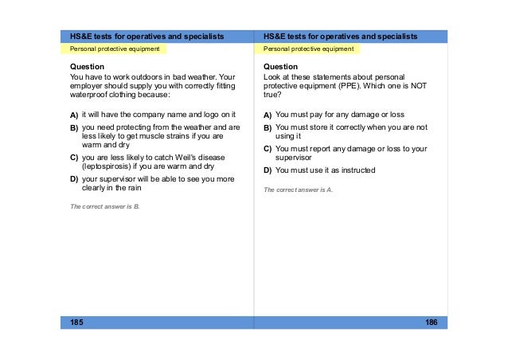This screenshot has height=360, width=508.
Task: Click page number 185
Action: (76, 322)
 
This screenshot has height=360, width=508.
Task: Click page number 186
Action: (431, 322)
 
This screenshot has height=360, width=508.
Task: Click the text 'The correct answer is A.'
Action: (298, 190)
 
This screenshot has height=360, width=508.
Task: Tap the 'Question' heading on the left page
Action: (87, 66)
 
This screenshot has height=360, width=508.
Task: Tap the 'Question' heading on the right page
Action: (280, 66)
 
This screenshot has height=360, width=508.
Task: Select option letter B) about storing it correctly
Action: (268, 127)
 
